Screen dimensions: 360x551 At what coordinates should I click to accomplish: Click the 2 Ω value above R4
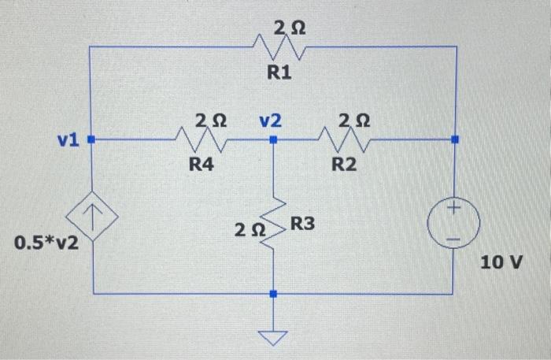[x=210, y=121]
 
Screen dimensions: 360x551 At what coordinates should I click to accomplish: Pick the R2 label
[x=344, y=165]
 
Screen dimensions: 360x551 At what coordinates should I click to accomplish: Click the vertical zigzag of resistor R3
[x=273, y=223]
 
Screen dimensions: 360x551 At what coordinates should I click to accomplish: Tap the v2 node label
[x=271, y=121]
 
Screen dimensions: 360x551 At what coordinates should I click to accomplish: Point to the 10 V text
[x=501, y=262]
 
